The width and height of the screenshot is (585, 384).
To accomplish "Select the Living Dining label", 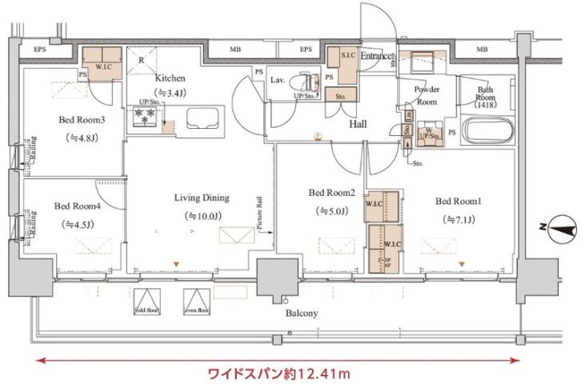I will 202,198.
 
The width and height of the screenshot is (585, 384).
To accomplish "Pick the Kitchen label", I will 170,78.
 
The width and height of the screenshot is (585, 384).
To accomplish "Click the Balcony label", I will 301,313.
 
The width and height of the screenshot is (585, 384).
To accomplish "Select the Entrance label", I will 375,56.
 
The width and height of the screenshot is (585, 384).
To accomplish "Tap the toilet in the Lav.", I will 307,82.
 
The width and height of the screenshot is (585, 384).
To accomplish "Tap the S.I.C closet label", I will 348,55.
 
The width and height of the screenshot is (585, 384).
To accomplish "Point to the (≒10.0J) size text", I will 202,216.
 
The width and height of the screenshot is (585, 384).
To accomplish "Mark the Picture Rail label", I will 261,213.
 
